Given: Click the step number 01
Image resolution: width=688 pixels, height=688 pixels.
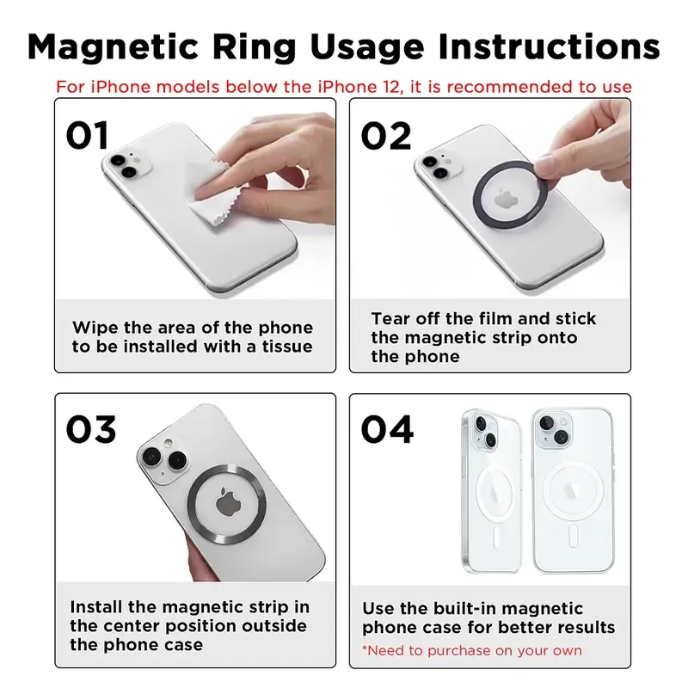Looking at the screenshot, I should coord(89,135).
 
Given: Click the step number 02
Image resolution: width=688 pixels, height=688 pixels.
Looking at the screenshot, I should coord(386,135).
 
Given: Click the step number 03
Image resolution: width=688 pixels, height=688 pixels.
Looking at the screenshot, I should coord(91,429).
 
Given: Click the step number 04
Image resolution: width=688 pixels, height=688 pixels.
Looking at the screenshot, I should coord(387,429).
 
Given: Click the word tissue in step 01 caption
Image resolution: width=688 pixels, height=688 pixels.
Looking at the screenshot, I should coord(283,347).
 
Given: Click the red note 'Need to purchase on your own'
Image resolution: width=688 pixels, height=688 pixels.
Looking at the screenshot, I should coord(471,650).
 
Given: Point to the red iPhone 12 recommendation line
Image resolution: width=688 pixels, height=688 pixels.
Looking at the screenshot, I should coord(344,87).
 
